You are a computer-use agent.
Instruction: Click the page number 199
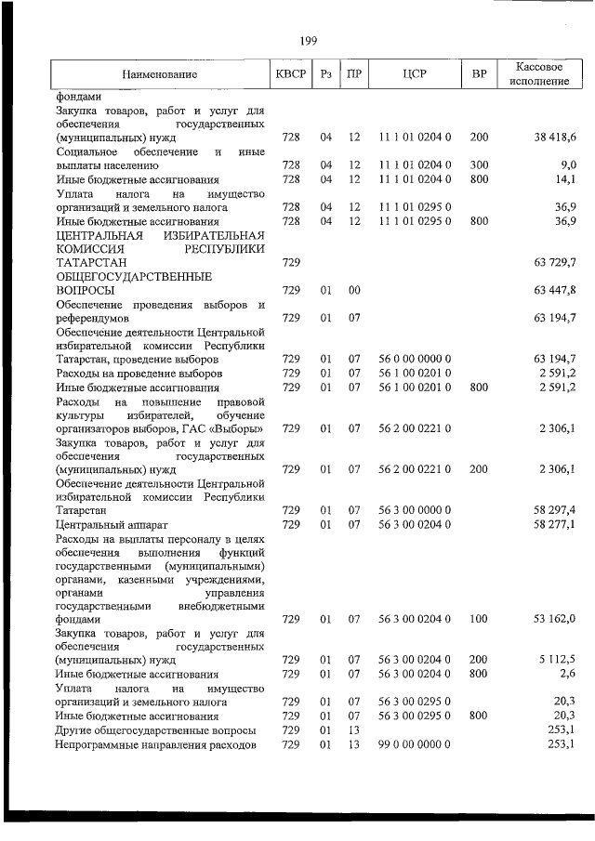pos(310,40)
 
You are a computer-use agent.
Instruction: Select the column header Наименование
pos(159,73)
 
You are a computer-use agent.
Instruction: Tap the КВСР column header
pos(291,73)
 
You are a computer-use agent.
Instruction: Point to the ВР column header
pos(480,73)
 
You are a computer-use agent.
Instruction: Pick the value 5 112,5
pos(557,660)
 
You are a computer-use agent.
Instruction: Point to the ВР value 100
pos(480,618)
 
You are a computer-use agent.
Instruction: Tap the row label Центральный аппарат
pos(106,525)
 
